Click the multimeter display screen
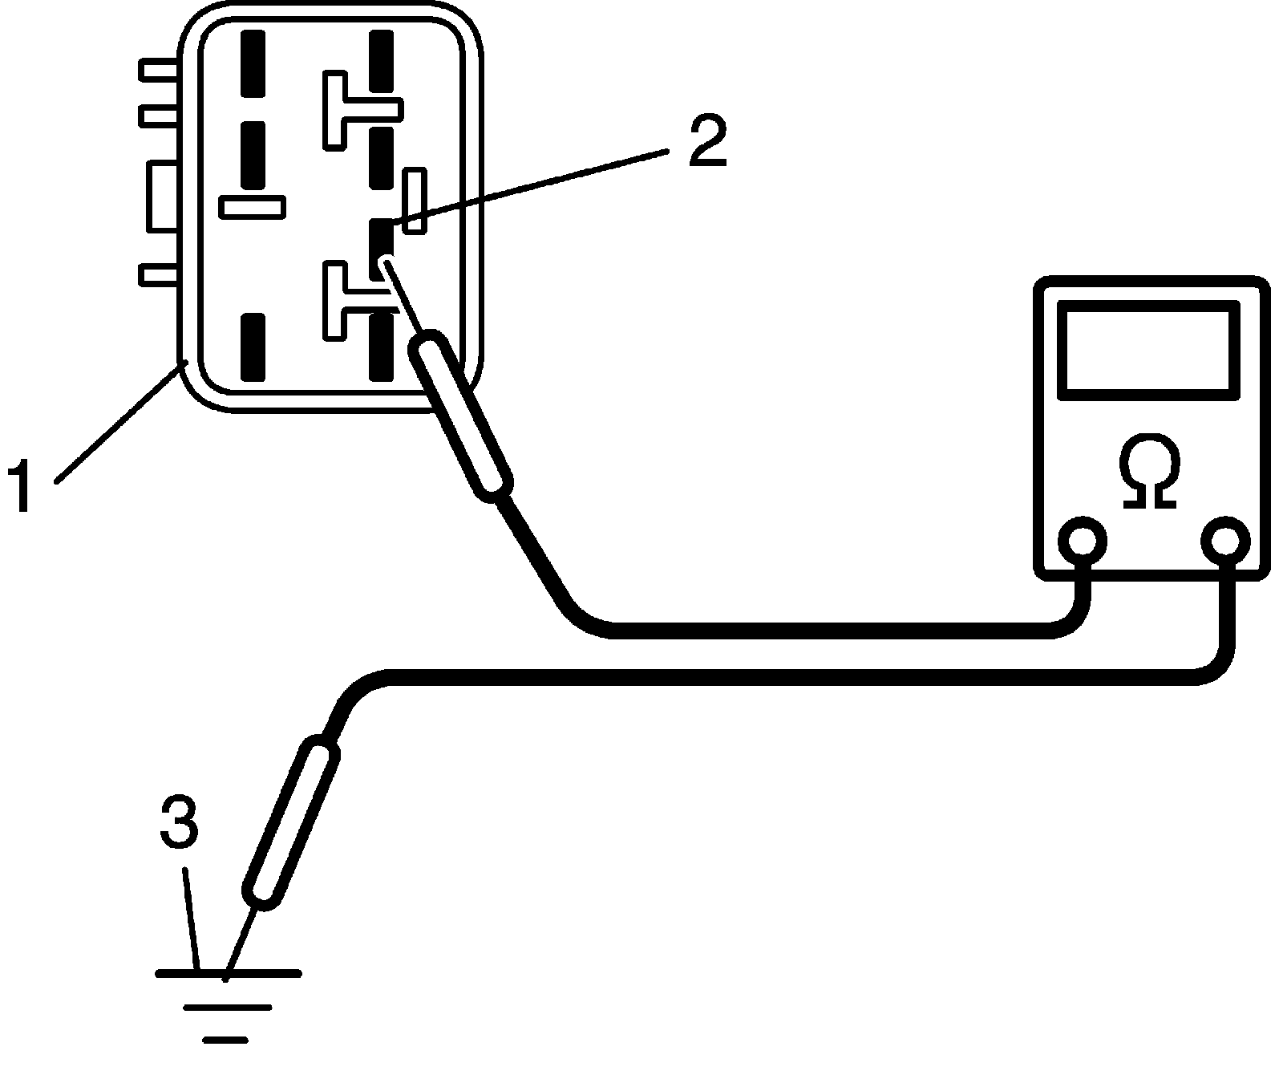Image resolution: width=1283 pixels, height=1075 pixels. click(x=1148, y=350)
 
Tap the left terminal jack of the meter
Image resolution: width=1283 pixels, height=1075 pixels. click(x=1082, y=541)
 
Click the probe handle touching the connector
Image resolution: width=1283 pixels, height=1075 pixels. click(x=460, y=416)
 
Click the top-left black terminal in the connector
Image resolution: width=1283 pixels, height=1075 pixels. click(x=253, y=64)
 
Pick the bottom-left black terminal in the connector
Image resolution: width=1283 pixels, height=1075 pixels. click(x=253, y=347)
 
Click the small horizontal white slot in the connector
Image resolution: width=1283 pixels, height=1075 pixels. click(x=253, y=208)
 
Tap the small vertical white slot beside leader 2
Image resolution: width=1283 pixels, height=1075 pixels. click(x=415, y=201)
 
